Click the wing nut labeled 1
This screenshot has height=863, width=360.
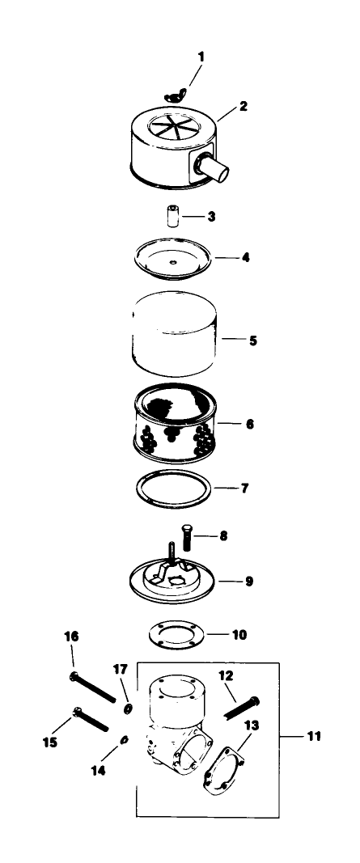(x=175, y=97)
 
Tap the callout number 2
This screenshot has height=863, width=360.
(x=244, y=106)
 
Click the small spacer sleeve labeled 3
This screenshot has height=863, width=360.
(x=173, y=216)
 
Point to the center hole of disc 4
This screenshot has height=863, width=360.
(x=173, y=262)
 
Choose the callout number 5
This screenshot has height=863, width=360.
(x=252, y=341)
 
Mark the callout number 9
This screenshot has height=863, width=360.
(x=249, y=581)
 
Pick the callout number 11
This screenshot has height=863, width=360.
(x=314, y=736)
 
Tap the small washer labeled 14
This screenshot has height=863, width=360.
(x=125, y=740)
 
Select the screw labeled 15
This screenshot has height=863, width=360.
(x=91, y=720)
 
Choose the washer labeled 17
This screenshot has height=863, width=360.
(x=127, y=709)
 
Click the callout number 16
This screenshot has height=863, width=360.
(x=71, y=637)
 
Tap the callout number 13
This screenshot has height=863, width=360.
(x=251, y=726)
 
